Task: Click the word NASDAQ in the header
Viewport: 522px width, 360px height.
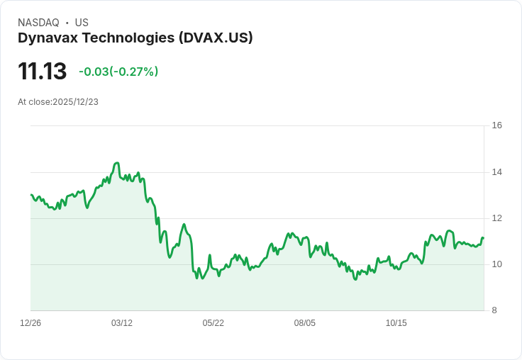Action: coord(38,23)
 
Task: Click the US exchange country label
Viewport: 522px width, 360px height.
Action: coord(82,23)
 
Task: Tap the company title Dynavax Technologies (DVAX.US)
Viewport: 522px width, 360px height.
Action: coord(135,38)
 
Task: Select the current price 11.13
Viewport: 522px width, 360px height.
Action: coord(42,72)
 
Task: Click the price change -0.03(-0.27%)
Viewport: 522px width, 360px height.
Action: coord(118,72)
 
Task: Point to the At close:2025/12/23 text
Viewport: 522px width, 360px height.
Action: coord(58,102)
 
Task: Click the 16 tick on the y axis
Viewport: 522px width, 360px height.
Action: coord(496,125)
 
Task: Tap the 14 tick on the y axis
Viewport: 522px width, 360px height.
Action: coord(496,172)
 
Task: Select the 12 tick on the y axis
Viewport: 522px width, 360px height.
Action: coord(496,218)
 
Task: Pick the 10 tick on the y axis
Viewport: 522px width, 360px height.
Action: coord(496,264)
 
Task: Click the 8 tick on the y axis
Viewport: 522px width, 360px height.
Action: coord(494,310)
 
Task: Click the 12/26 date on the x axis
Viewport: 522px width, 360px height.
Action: coord(30,323)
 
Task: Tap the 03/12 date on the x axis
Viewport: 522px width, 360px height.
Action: coord(122,323)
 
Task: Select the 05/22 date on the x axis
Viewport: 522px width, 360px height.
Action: coord(213,323)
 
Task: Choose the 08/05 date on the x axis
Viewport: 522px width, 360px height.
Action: coord(305,323)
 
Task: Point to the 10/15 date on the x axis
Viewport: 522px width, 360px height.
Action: coord(396,323)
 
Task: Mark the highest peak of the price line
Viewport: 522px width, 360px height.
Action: coord(117,163)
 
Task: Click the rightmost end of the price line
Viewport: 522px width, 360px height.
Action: coord(483,238)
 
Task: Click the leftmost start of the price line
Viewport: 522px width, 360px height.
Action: coord(31,195)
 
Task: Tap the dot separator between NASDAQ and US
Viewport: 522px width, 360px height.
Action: coord(67,23)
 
